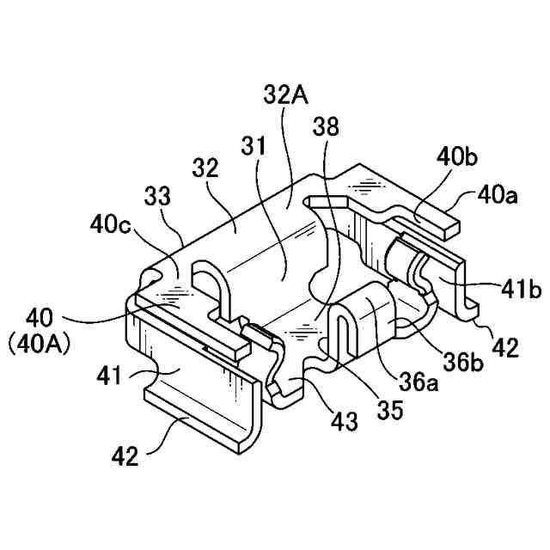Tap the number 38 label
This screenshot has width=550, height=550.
[327, 126]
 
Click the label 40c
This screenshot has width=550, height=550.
[110, 226]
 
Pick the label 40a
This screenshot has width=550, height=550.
[498, 196]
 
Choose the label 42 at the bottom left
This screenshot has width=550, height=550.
[125, 456]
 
